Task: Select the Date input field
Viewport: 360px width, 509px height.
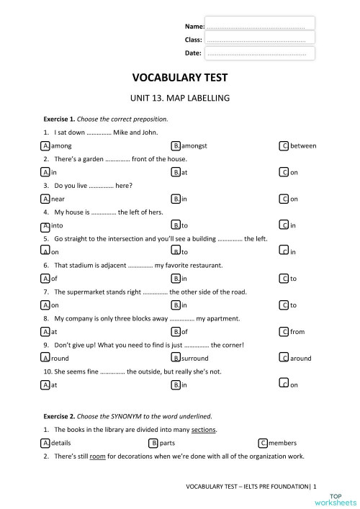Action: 260,53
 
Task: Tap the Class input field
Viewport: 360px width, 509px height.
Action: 260,39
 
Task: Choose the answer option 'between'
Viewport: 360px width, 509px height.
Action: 302,145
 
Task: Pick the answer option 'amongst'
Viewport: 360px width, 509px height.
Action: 194,145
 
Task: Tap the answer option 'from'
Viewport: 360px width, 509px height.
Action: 297,332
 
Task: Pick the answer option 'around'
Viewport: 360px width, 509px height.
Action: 300,358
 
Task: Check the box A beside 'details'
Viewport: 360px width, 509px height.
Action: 46,443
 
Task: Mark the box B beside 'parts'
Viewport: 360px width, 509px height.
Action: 153,443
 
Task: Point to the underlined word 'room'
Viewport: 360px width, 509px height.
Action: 98,456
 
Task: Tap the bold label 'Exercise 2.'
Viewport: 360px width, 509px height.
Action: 59,416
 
